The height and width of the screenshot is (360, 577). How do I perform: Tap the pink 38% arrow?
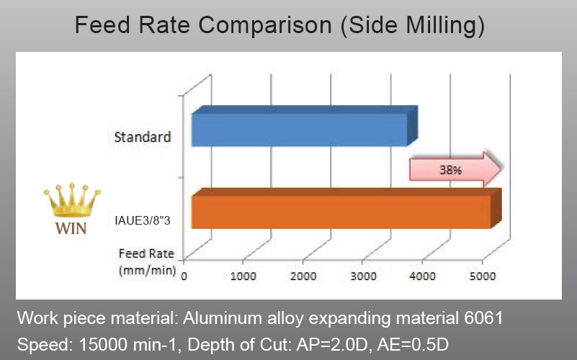point(454,171)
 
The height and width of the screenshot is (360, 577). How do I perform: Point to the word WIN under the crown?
point(71,230)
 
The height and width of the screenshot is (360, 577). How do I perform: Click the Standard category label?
point(142,137)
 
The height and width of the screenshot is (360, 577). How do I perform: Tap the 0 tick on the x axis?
point(184,276)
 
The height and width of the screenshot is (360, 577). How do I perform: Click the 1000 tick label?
point(243,276)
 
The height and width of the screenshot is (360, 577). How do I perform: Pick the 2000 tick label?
point(303,276)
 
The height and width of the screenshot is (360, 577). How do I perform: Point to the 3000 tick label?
point(362,276)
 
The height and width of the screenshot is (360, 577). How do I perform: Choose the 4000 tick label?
point(421,276)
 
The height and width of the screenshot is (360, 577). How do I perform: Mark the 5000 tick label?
point(481,276)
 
